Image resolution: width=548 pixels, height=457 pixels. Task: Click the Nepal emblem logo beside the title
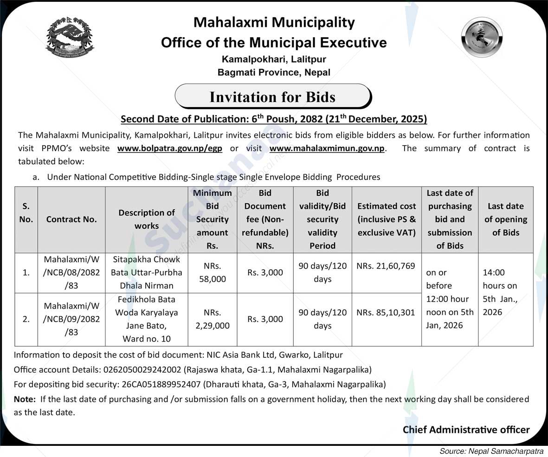click(x=70, y=37)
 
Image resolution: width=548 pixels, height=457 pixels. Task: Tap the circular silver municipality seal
click(x=482, y=37)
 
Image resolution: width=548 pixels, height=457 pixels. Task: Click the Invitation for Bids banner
click(x=273, y=97)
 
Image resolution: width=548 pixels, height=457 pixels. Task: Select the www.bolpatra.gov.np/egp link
click(x=170, y=148)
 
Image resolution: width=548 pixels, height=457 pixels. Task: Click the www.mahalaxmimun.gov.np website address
click(x=327, y=148)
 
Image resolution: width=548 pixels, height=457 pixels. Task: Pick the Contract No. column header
click(x=71, y=219)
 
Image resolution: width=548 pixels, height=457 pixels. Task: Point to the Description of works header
click(x=147, y=219)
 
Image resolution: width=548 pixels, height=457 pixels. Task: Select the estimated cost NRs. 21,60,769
click(x=386, y=266)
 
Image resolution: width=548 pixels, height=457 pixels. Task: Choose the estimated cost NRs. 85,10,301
click(x=386, y=313)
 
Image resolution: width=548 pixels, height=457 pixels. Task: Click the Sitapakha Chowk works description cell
click(x=147, y=272)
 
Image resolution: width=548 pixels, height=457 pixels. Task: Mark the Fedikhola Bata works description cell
click(x=147, y=319)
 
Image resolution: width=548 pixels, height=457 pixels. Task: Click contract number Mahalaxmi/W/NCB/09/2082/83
click(x=71, y=319)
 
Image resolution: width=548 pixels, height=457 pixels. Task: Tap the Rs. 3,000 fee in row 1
click(x=265, y=272)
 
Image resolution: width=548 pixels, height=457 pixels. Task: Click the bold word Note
click(x=24, y=399)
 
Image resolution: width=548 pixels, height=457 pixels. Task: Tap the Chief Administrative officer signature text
click(x=466, y=430)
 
